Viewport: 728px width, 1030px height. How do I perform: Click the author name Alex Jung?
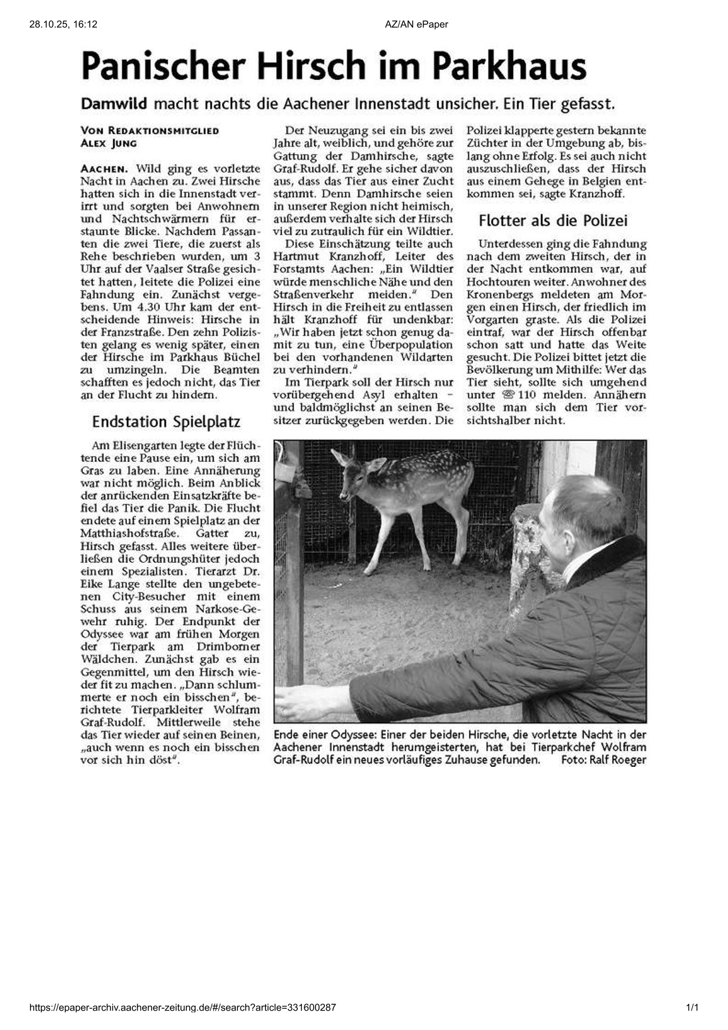109,143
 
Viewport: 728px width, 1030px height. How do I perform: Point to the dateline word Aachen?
103,169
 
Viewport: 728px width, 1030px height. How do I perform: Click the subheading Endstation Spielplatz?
166,422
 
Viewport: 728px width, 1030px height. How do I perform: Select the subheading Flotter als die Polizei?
553,220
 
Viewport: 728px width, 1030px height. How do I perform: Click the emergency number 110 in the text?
527,395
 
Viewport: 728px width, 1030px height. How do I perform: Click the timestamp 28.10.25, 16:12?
63,24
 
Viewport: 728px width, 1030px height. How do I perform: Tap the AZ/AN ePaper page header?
417,24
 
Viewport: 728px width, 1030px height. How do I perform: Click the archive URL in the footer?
183,1008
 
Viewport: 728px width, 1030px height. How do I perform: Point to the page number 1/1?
692,1008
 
